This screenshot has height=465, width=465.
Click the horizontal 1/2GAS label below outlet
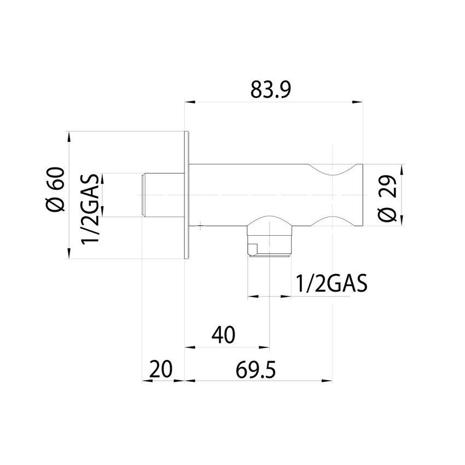pos(330,284)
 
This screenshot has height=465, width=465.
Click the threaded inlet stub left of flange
pos(159,195)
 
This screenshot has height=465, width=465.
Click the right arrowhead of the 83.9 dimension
pos(358,101)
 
